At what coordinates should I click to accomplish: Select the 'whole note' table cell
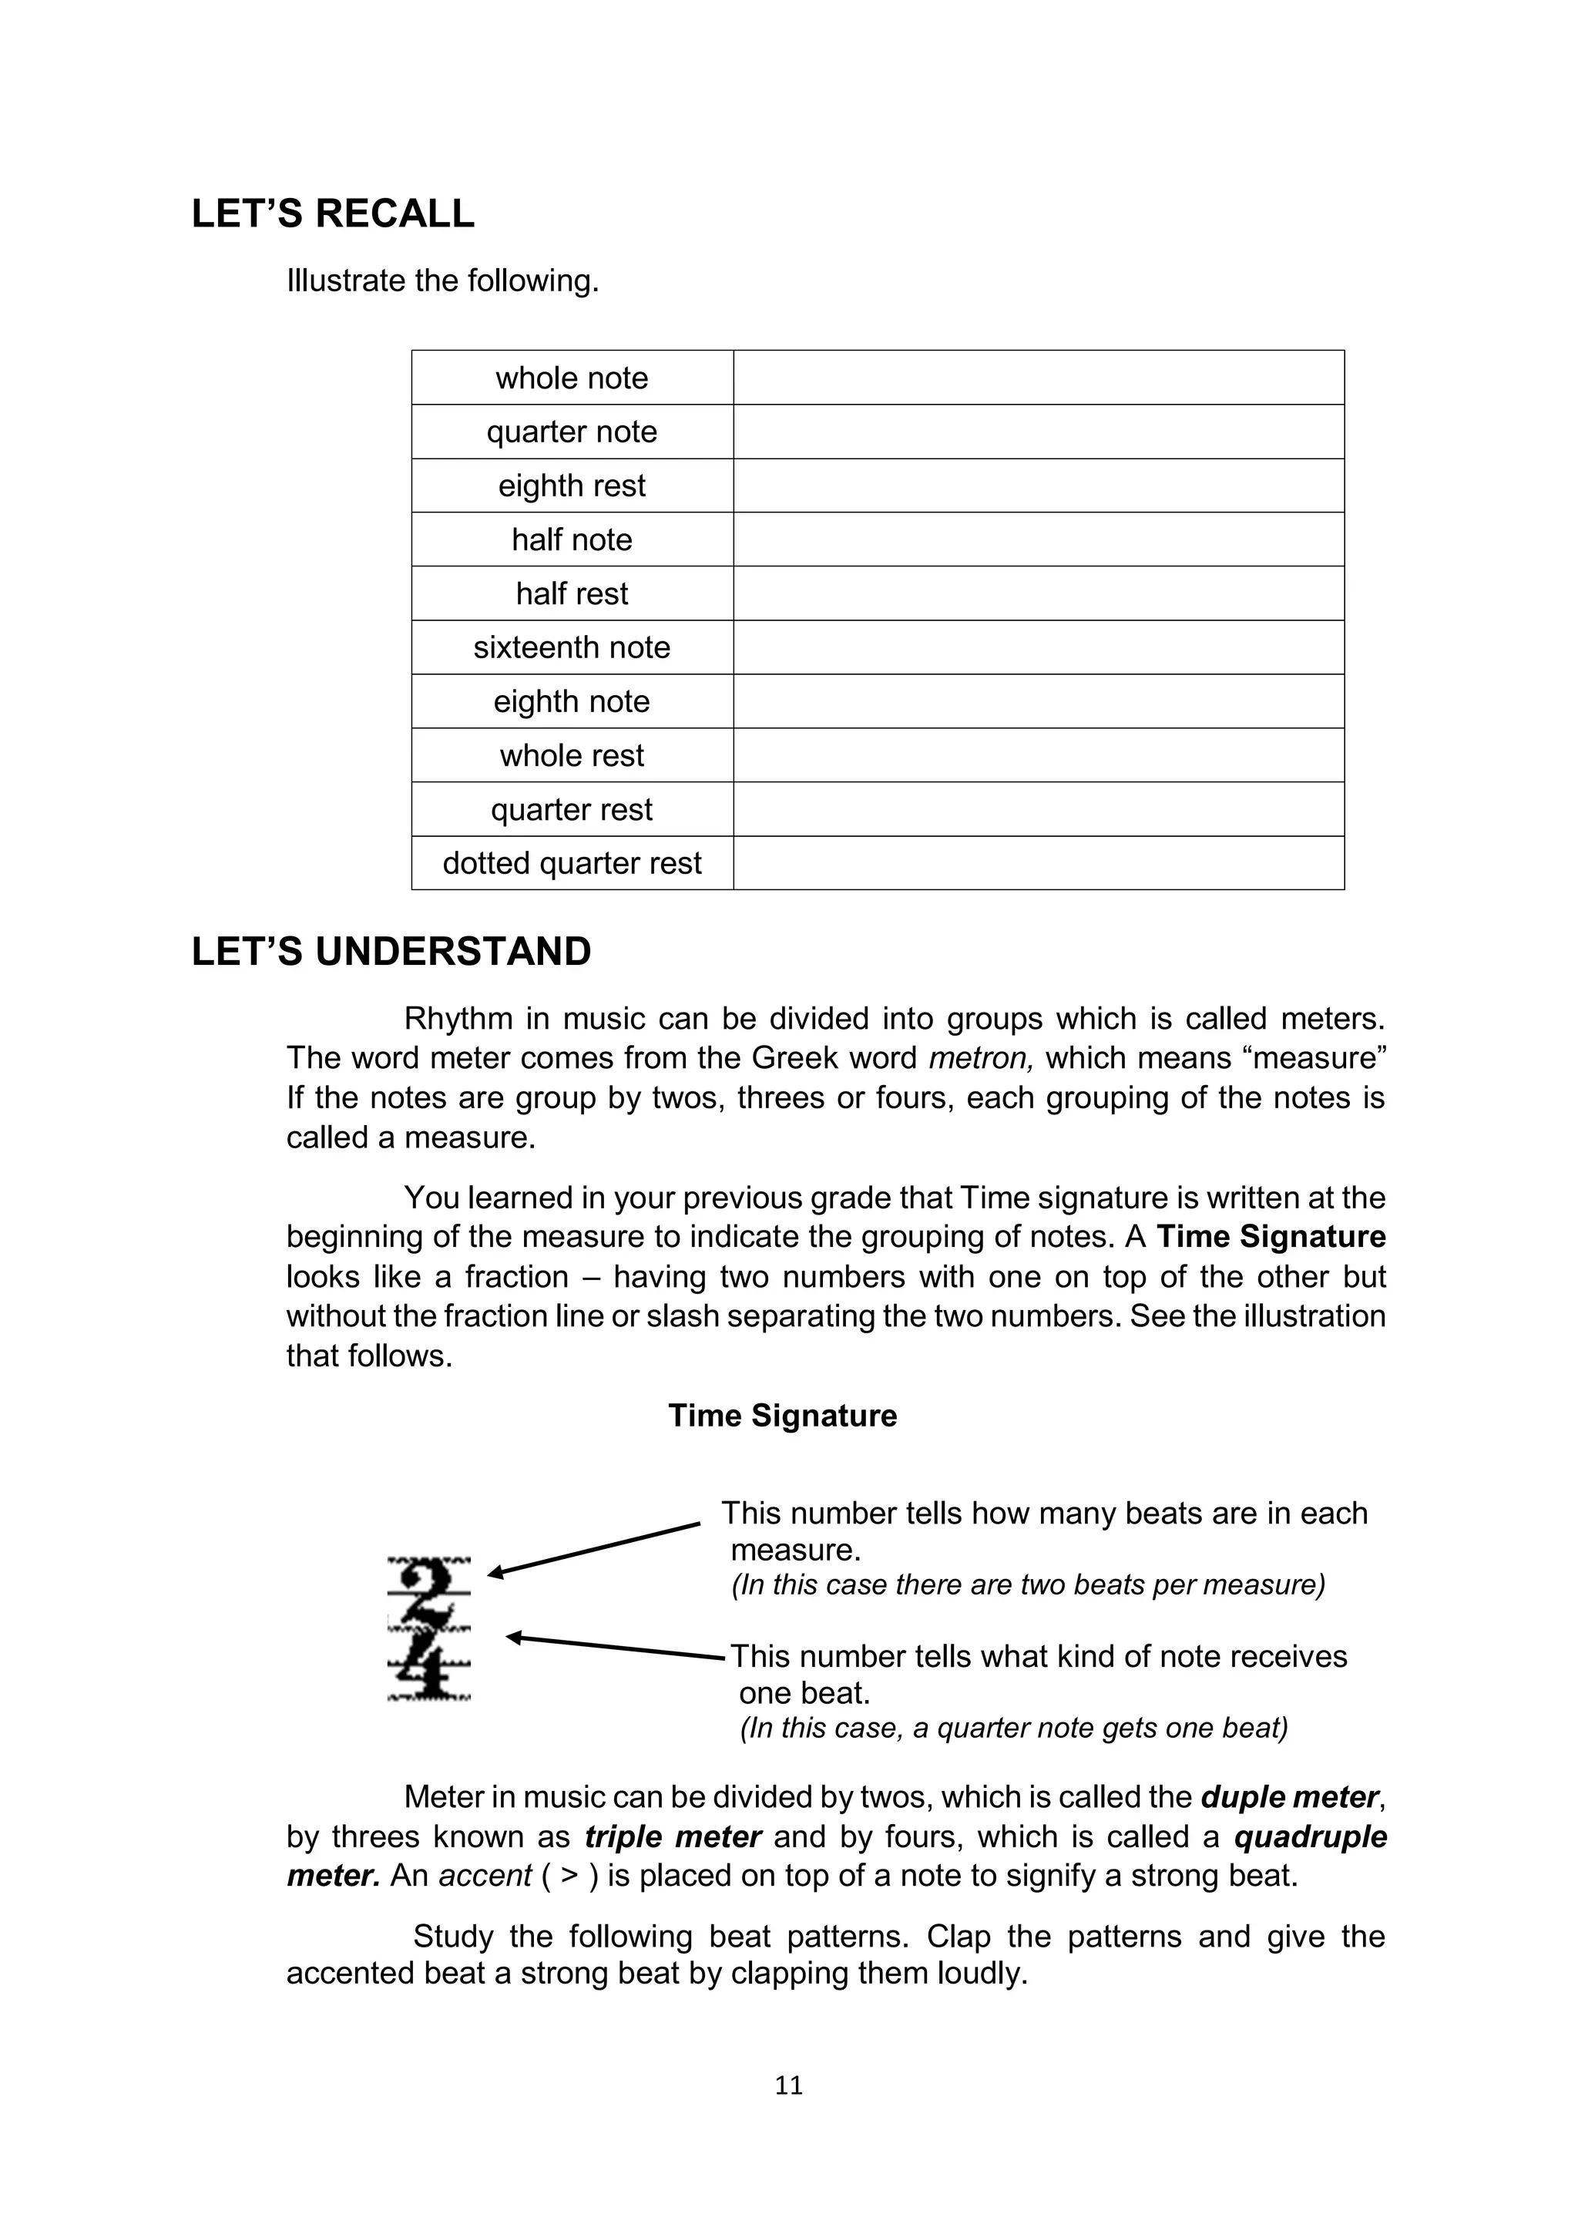(572, 378)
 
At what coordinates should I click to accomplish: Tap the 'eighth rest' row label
(572, 486)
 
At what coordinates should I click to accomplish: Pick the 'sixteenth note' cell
(572, 647)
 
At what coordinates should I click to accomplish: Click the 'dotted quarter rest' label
(572, 863)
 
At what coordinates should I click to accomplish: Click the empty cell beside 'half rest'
(1038, 593)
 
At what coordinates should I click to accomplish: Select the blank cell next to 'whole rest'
(1038, 755)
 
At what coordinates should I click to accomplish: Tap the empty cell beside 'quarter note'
(1038, 432)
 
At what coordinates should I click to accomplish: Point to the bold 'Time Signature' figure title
(782, 1416)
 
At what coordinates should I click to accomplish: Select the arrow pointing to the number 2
(593, 1550)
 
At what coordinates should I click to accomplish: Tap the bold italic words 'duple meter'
(1288, 1798)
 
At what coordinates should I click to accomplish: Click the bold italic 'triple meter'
(673, 1837)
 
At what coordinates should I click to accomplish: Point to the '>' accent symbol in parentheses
(570, 1877)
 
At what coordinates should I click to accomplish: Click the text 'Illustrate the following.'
(442, 281)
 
